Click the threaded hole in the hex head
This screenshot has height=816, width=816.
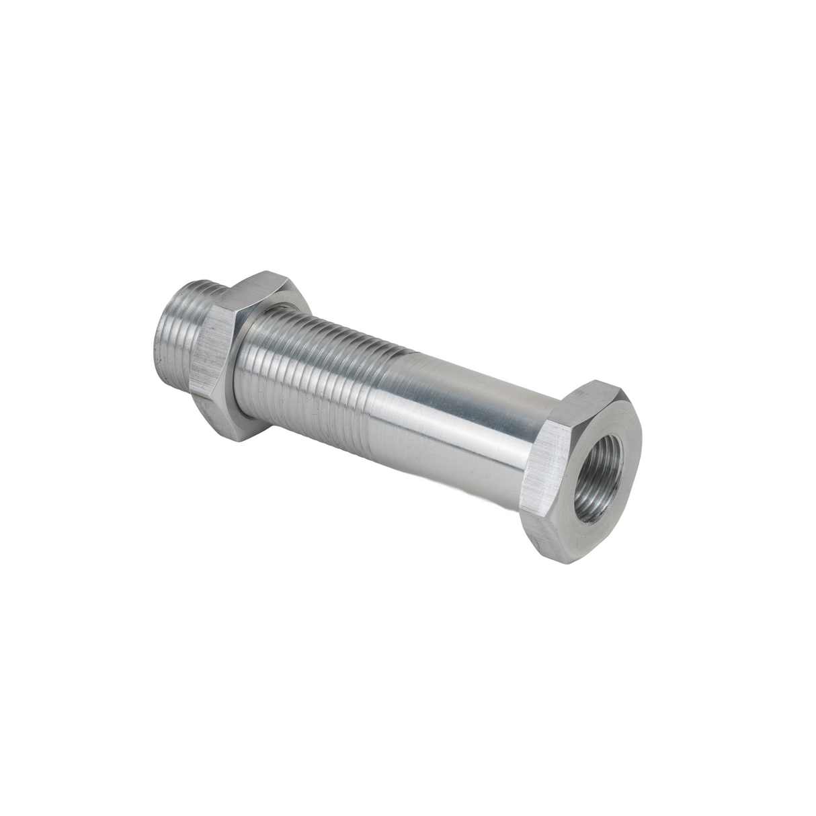(x=601, y=482)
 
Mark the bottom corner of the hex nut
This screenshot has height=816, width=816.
(x=237, y=440)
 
